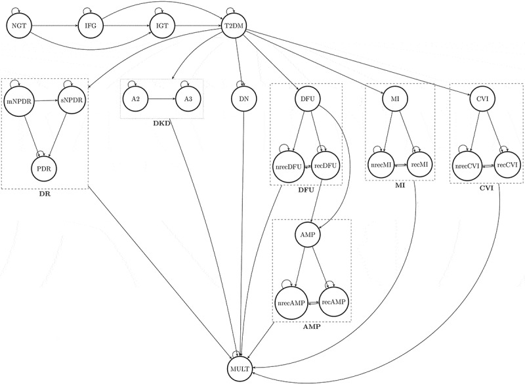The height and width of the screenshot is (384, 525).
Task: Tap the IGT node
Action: coord(161,26)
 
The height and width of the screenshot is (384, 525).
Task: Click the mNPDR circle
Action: coord(18,102)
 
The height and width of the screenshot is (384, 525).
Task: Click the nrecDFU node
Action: coord(286,166)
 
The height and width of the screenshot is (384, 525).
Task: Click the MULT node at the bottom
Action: coord(241,368)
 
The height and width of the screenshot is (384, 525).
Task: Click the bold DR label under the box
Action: coord(46,195)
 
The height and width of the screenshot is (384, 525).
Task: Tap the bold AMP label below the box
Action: coord(312,326)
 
